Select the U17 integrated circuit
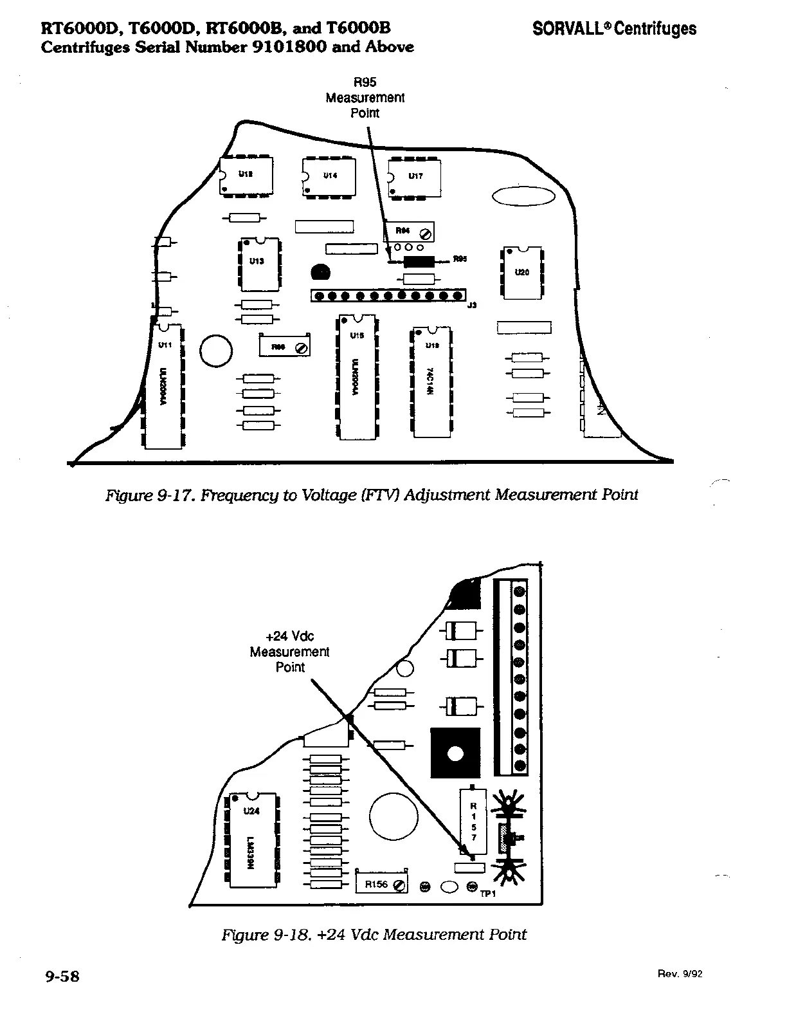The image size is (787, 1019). point(415,176)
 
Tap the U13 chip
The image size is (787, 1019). point(260,264)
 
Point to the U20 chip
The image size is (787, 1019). point(521,273)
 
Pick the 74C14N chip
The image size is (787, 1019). point(431,383)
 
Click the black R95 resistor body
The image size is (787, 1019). point(419,261)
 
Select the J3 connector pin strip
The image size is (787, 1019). point(388,296)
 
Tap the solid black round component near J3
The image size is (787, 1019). point(320,273)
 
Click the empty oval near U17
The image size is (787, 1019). point(523,196)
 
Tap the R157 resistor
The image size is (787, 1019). point(473,821)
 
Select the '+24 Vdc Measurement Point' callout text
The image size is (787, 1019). point(289,652)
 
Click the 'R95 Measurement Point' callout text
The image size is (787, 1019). point(365,98)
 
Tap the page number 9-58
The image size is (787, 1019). point(62,976)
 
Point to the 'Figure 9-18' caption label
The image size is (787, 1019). point(267,934)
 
